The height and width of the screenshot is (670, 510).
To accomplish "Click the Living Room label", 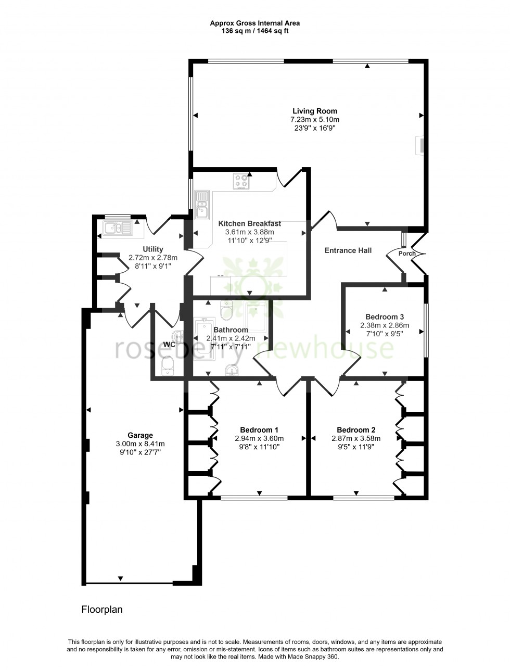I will tap(314, 111).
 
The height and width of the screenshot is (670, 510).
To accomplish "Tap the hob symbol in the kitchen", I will tap(241, 181).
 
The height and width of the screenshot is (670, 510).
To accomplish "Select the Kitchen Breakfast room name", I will tap(249, 223).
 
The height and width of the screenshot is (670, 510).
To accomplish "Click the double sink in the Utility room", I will tap(119, 228).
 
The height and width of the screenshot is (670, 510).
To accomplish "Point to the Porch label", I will tap(407, 254).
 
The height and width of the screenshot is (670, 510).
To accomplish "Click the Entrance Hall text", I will tap(348, 250).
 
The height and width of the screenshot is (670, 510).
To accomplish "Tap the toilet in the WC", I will tap(168, 365).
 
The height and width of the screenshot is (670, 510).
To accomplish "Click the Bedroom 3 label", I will tap(385, 317).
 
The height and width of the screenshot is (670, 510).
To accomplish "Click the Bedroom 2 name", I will tap(356, 430).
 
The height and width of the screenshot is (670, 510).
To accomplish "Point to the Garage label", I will tap(140, 435).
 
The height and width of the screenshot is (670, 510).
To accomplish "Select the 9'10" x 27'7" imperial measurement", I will tap(140, 452).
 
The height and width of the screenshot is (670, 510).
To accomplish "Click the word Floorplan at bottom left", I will tap(102, 609).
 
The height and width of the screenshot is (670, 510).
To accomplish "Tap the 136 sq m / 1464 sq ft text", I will tap(254, 31).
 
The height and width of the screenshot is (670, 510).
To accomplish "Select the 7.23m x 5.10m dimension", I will tap(314, 119).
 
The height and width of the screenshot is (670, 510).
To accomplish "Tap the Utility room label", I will tap(152, 249).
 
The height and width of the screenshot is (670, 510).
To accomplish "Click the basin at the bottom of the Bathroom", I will tap(232, 370).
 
